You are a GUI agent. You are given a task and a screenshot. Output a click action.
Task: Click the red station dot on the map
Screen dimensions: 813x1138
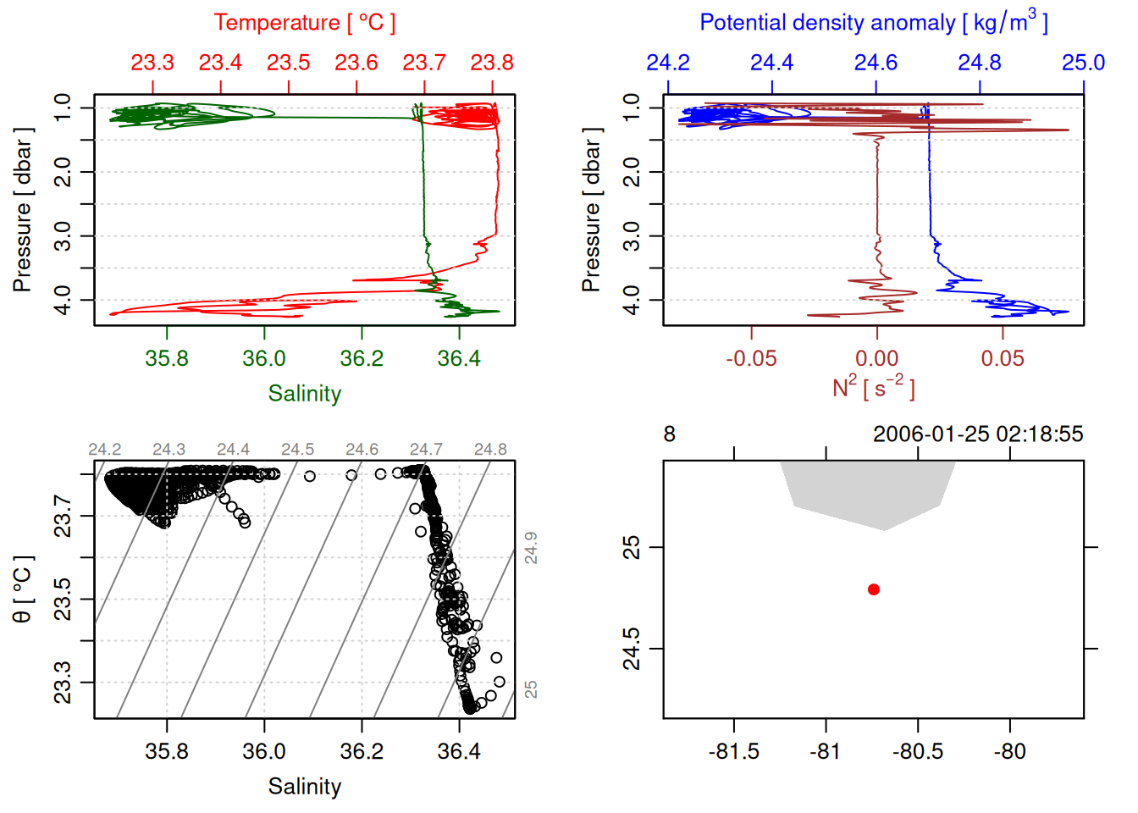[x=874, y=589]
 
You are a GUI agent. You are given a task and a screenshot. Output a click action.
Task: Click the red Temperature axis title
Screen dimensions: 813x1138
[x=304, y=23]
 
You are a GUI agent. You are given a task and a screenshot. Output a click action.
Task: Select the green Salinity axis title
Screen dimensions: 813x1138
[x=304, y=394]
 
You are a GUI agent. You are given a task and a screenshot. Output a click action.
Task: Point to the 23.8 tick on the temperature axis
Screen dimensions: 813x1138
[x=492, y=64]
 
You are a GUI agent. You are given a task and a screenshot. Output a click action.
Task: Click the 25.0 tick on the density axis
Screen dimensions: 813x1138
[x=1083, y=64]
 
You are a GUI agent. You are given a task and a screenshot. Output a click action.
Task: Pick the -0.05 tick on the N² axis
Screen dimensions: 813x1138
[x=751, y=358]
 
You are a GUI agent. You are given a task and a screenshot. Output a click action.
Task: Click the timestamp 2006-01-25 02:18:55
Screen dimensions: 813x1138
[x=978, y=434]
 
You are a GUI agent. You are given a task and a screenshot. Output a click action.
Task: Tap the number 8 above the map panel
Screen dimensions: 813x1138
[x=670, y=434]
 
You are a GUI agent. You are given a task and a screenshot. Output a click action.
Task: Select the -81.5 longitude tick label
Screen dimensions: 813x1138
[x=733, y=751]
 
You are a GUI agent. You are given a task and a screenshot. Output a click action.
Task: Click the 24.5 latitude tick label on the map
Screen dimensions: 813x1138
[x=632, y=649]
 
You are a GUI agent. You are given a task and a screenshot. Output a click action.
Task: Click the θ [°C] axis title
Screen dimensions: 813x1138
[x=23, y=589]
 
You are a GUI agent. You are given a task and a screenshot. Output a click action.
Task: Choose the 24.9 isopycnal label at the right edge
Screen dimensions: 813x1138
[x=531, y=548]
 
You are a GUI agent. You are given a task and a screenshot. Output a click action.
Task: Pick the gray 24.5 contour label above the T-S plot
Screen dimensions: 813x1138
[x=297, y=450]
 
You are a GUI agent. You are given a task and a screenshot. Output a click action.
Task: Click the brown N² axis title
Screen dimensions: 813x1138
[x=874, y=388]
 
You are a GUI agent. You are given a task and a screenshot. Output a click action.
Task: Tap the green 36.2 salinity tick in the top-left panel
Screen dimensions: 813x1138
[x=362, y=358]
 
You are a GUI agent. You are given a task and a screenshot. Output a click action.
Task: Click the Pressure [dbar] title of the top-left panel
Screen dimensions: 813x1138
[x=23, y=210]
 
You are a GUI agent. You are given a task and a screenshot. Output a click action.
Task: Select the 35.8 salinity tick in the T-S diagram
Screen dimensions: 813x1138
[x=167, y=751]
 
